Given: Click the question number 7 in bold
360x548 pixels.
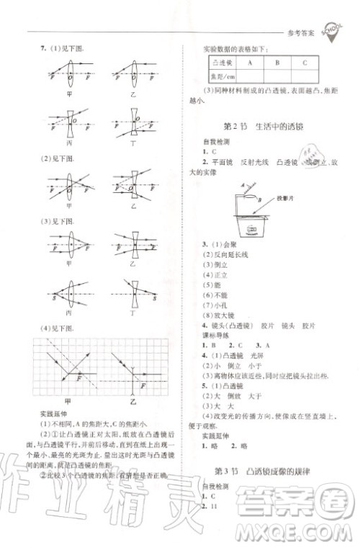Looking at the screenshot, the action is click(x=42, y=48).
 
